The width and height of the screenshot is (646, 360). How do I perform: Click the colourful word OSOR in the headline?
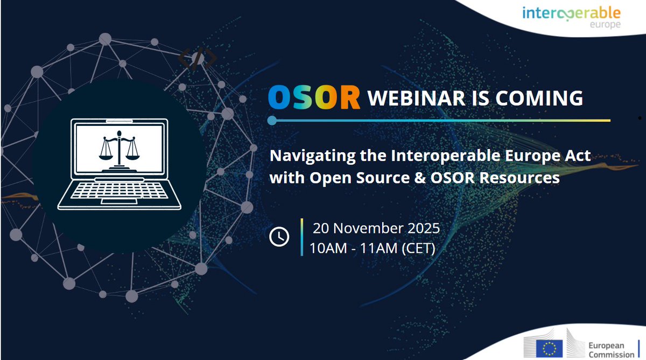(314, 98)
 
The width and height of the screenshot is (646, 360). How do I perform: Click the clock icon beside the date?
(279, 237)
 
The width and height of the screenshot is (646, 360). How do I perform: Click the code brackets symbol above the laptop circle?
(198, 59)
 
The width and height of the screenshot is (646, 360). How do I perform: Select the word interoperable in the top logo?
(571, 12)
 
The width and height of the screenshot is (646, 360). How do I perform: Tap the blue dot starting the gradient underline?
(272, 120)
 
